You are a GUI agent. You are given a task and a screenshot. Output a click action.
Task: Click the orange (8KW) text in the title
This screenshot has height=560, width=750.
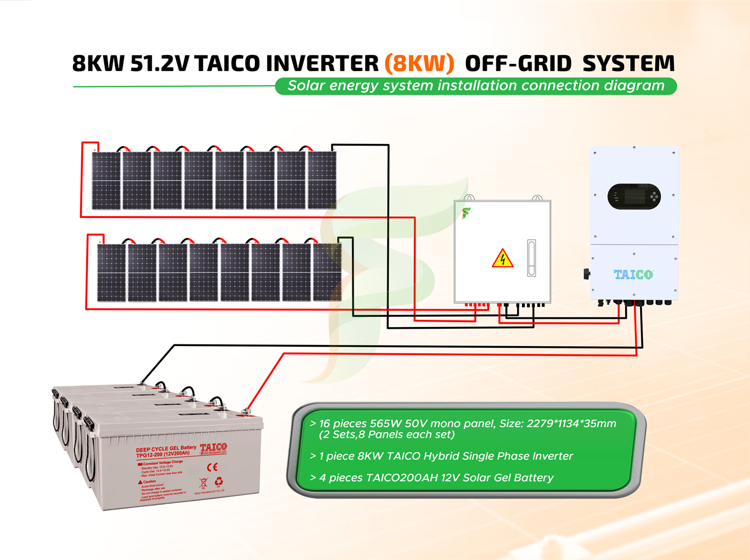(419, 63)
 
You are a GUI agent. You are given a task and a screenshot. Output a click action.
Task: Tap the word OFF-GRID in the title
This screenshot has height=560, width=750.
(518, 64)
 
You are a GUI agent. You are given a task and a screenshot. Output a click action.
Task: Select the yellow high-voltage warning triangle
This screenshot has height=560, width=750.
(502, 259)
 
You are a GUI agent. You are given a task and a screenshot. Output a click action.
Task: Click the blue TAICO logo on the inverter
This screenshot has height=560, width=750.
(633, 274)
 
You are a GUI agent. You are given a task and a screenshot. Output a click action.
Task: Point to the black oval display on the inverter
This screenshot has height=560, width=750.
(634, 197)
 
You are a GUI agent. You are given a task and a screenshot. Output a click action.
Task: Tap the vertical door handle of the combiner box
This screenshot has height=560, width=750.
(532, 258)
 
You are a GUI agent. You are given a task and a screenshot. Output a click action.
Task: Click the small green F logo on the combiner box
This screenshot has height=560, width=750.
(465, 213)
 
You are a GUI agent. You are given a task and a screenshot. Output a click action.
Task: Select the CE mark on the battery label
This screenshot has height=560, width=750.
(212, 466)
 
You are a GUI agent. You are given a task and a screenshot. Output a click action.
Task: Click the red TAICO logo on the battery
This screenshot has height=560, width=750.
(213, 447)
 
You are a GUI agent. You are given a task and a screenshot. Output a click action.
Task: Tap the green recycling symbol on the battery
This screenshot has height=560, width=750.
(219, 481)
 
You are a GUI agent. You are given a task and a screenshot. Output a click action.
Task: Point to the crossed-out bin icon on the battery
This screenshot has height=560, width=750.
(203, 483)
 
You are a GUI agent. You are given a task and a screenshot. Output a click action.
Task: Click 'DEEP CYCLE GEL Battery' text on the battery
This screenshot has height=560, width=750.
(166, 449)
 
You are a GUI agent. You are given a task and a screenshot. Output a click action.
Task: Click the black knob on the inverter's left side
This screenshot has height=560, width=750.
(586, 273)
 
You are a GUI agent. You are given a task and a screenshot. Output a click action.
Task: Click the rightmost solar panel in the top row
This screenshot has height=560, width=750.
(322, 180)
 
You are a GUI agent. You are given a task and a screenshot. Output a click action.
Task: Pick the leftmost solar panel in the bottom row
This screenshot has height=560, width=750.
(111, 273)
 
